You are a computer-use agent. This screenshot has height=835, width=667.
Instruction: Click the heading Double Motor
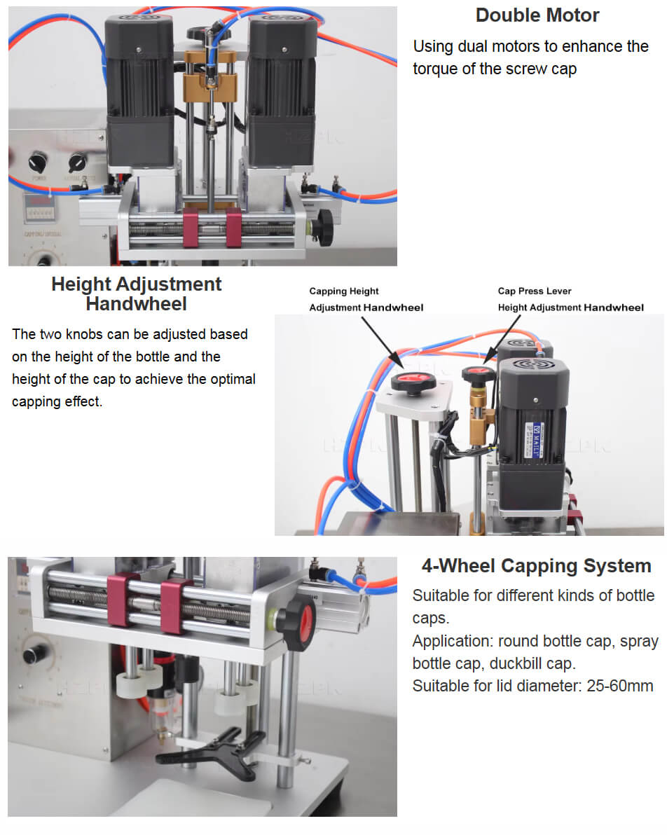coord(537,15)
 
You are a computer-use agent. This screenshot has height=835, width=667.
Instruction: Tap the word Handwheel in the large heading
coord(137,303)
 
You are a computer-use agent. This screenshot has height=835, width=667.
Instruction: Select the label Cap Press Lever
coord(535,291)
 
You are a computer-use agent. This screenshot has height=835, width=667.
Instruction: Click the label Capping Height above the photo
coord(343,291)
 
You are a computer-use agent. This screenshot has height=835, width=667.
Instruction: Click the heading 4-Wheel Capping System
coord(536,565)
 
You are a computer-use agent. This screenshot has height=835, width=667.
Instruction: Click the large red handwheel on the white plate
coord(413,382)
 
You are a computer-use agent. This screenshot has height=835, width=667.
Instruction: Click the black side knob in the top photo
coord(322,227)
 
